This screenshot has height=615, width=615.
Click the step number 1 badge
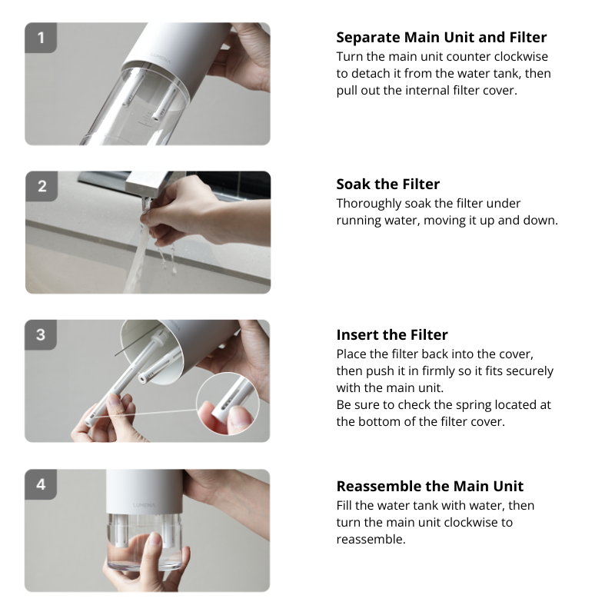click(41, 38)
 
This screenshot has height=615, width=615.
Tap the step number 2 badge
click(42, 186)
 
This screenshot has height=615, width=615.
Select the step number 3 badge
click(41, 335)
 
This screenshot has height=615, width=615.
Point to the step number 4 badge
click(41, 484)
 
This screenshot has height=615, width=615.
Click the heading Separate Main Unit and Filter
click(441, 37)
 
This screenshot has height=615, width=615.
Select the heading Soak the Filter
click(388, 184)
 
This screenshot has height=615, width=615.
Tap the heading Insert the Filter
click(392, 334)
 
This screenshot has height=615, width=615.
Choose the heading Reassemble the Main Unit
click(430, 486)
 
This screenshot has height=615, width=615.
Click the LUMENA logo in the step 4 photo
click(144, 505)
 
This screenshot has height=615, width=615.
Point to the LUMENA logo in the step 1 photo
click(161, 59)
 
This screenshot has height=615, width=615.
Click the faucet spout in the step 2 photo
click(145, 204)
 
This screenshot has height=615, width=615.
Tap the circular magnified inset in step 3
click(228, 404)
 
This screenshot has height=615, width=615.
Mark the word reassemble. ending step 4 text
click(371, 540)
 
